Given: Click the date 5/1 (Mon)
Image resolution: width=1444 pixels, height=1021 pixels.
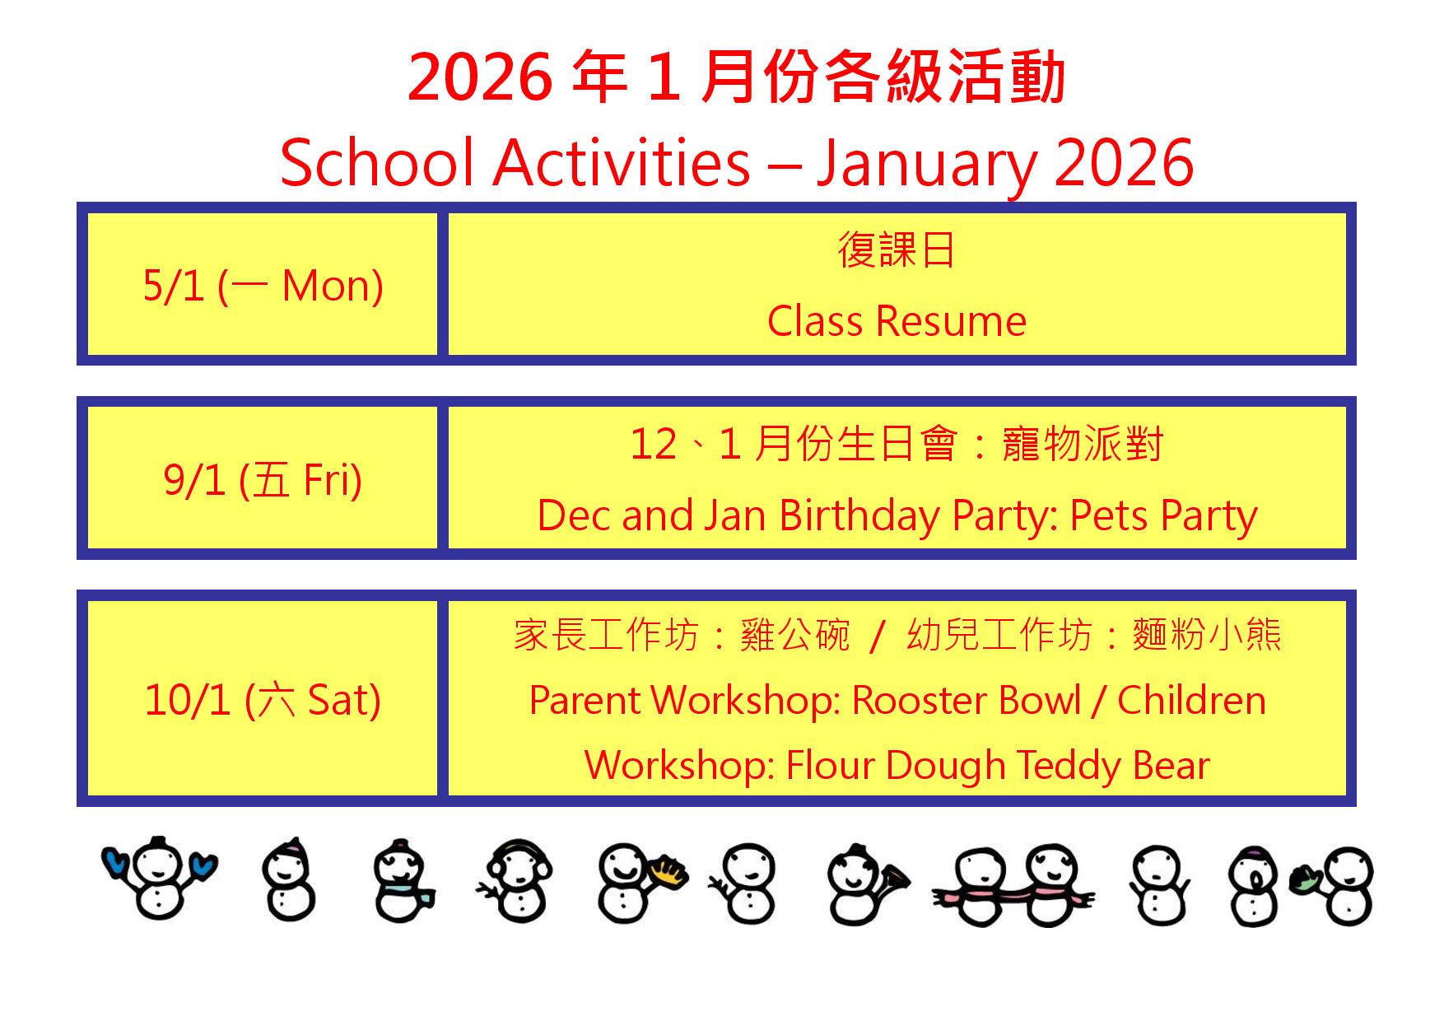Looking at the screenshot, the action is pos(263,286).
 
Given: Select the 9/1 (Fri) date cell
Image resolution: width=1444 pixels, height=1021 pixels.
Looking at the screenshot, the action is pos(263,480).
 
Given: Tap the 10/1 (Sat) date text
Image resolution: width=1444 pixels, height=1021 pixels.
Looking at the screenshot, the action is pos(263,700).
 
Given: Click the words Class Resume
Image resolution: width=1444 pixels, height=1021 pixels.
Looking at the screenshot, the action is pos(897,321).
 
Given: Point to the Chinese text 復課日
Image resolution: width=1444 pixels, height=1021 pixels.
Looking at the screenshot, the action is pos(897,249).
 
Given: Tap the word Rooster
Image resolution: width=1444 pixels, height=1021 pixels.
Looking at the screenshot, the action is pos(920,701).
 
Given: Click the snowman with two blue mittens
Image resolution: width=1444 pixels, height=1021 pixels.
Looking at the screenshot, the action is pos(160,878).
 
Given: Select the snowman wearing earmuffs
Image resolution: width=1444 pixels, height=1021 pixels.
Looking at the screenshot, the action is pos(515,881).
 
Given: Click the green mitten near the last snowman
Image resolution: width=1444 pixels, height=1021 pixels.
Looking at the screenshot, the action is pos(1306,879).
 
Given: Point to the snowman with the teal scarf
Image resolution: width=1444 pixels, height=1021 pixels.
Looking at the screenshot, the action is pos(403,881).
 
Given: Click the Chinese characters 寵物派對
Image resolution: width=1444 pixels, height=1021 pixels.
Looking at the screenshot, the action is pos(1083,445).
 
